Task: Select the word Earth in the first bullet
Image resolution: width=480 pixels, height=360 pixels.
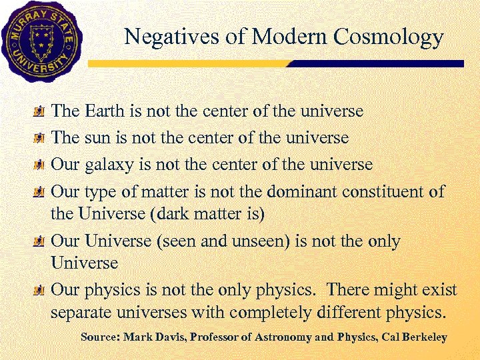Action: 108,110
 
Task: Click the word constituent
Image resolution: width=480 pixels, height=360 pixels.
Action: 384,192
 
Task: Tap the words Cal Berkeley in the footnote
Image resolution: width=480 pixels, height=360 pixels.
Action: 418,337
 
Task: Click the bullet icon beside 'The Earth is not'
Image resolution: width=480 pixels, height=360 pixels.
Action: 40,111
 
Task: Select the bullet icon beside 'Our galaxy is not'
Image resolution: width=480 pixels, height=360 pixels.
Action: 40,165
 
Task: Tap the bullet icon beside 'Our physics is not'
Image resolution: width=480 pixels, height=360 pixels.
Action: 40,291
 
